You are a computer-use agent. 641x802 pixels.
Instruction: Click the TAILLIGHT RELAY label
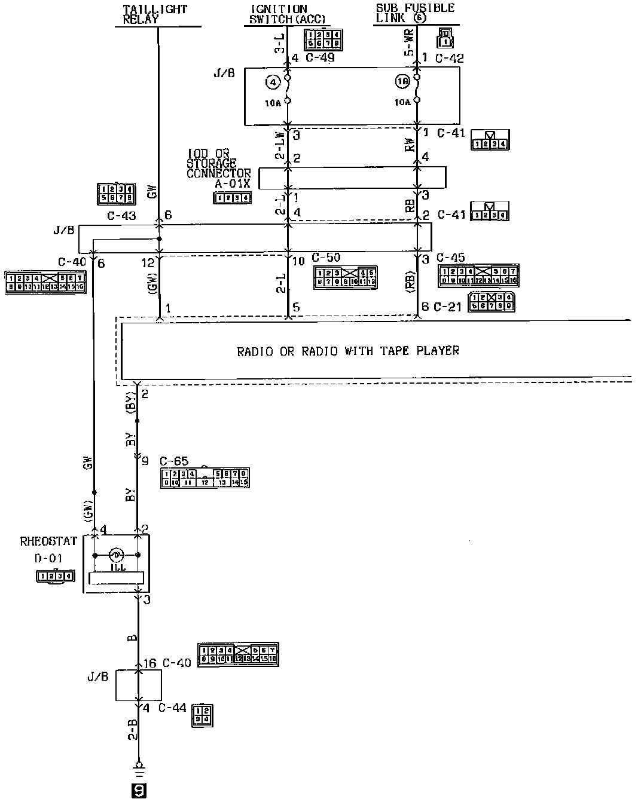click(x=154, y=14)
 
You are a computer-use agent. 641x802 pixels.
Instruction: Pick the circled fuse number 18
click(x=401, y=80)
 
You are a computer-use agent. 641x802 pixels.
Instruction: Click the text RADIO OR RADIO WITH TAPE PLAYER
click(x=348, y=351)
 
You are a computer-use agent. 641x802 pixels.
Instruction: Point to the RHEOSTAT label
click(x=48, y=541)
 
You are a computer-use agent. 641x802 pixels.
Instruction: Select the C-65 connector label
click(x=174, y=461)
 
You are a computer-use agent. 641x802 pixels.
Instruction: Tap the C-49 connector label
click(x=320, y=58)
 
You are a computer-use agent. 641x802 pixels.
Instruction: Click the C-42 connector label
click(x=449, y=58)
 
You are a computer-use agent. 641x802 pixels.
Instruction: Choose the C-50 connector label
click(x=326, y=258)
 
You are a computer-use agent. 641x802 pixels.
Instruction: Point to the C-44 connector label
click(x=173, y=708)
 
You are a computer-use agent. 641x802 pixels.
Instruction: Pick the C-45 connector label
click(x=451, y=258)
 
